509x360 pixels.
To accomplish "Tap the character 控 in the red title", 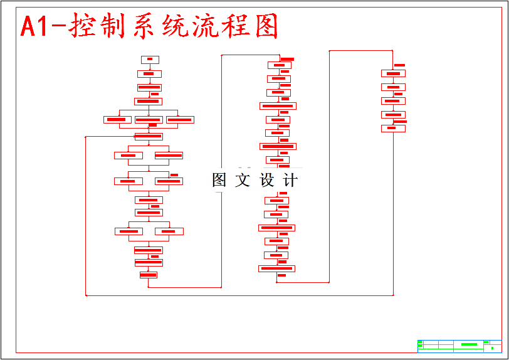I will (x=85, y=27).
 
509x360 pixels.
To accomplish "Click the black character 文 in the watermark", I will (x=243, y=181).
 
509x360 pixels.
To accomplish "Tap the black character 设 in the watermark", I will (x=267, y=181).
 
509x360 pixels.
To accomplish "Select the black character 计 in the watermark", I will (x=290, y=181).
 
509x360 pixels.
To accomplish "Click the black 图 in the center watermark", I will (x=219, y=181).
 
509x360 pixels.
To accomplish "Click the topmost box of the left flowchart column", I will (x=150, y=60).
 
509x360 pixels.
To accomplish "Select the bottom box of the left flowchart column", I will (x=149, y=275).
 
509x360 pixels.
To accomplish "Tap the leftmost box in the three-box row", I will (x=117, y=119).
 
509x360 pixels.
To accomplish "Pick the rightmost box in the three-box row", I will (x=180, y=119).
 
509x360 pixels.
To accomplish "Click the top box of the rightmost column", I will (x=393, y=73).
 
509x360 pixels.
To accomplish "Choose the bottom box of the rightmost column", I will (x=393, y=129).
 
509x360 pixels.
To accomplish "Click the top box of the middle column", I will (x=279, y=65).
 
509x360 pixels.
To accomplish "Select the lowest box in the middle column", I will (x=276, y=268).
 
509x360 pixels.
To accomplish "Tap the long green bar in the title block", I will (x=469, y=344).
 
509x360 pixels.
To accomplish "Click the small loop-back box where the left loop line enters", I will (x=149, y=136).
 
